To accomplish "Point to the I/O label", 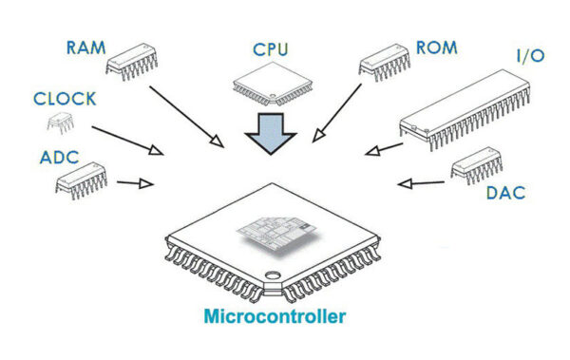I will tap(529, 57).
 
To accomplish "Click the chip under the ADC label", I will tap(80, 178).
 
